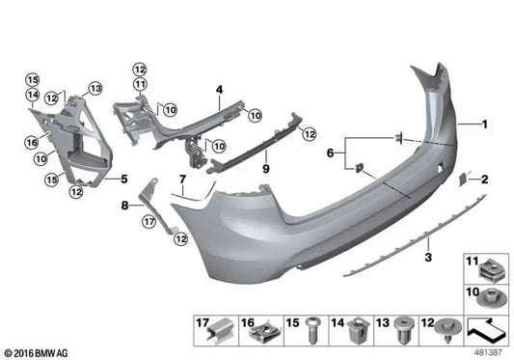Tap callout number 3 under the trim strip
[429, 259]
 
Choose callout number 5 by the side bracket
[123, 179]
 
